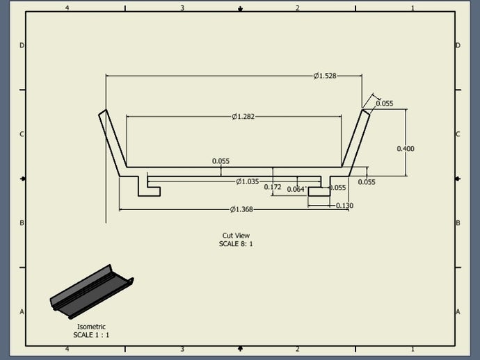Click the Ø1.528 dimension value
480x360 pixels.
click(325, 76)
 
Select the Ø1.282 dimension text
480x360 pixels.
click(243, 117)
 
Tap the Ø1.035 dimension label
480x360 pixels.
click(248, 181)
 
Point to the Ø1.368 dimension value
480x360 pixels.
click(241, 209)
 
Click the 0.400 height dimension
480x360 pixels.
click(406, 149)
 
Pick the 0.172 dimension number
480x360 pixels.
click(273, 187)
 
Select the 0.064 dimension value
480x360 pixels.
click(296, 189)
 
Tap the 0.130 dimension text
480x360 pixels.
click(344, 206)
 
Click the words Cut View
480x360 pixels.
click(236, 236)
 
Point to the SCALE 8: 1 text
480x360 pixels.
click(236, 244)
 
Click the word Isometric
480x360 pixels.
click(91, 327)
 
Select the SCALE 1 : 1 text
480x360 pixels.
click(91, 335)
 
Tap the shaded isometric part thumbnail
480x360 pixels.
click(92, 292)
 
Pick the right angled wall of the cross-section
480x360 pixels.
click(355, 142)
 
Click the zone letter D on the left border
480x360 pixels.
click(22, 45)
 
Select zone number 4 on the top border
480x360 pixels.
click(67, 8)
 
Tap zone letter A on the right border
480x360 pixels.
click(458, 311)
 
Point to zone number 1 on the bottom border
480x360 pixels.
click(413, 349)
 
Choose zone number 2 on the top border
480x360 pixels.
click(298, 8)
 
